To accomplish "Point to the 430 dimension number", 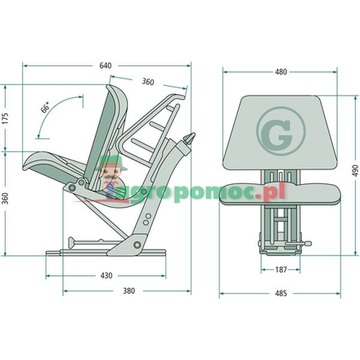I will pyautogui.click(x=106, y=275).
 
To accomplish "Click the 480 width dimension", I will pyautogui.click(x=281, y=73).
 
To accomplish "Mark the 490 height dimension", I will pyautogui.click(x=354, y=169).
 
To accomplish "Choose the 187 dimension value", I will pyautogui.click(x=280, y=269).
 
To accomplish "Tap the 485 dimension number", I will pyautogui.click(x=281, y=292).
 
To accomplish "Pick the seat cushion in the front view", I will pyautogui.click(x=281, y=191).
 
